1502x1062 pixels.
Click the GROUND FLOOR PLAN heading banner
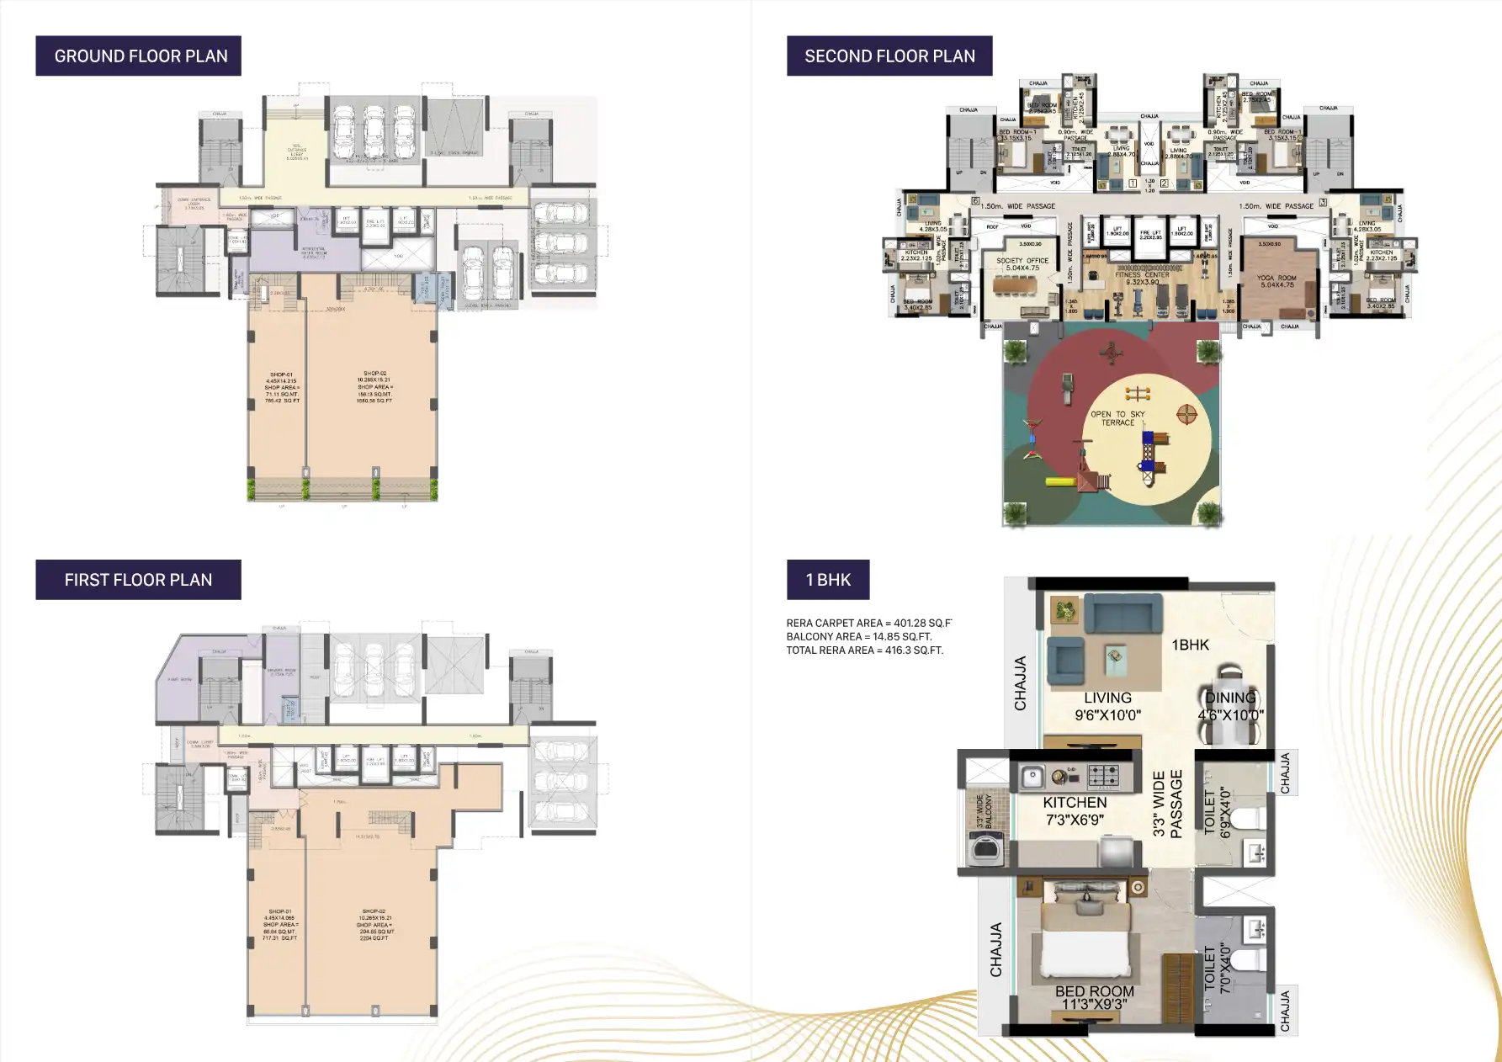139,56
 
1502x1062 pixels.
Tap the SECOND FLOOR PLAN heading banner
889,56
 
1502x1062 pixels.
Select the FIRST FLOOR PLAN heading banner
139,580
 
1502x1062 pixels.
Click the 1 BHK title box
828,580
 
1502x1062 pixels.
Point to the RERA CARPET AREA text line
868,624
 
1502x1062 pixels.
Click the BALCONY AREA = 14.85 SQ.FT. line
858,637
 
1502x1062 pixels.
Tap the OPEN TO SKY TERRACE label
1117,418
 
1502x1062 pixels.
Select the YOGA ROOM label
1276,281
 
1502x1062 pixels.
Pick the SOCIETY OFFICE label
1022,264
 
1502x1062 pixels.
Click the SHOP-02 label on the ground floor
374,387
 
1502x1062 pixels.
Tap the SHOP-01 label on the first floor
280,924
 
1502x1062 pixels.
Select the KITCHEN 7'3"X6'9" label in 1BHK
1075,811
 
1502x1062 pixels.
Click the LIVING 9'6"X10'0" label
1107,707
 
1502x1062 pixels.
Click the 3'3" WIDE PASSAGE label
1167,804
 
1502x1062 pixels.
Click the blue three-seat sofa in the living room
1122,613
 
